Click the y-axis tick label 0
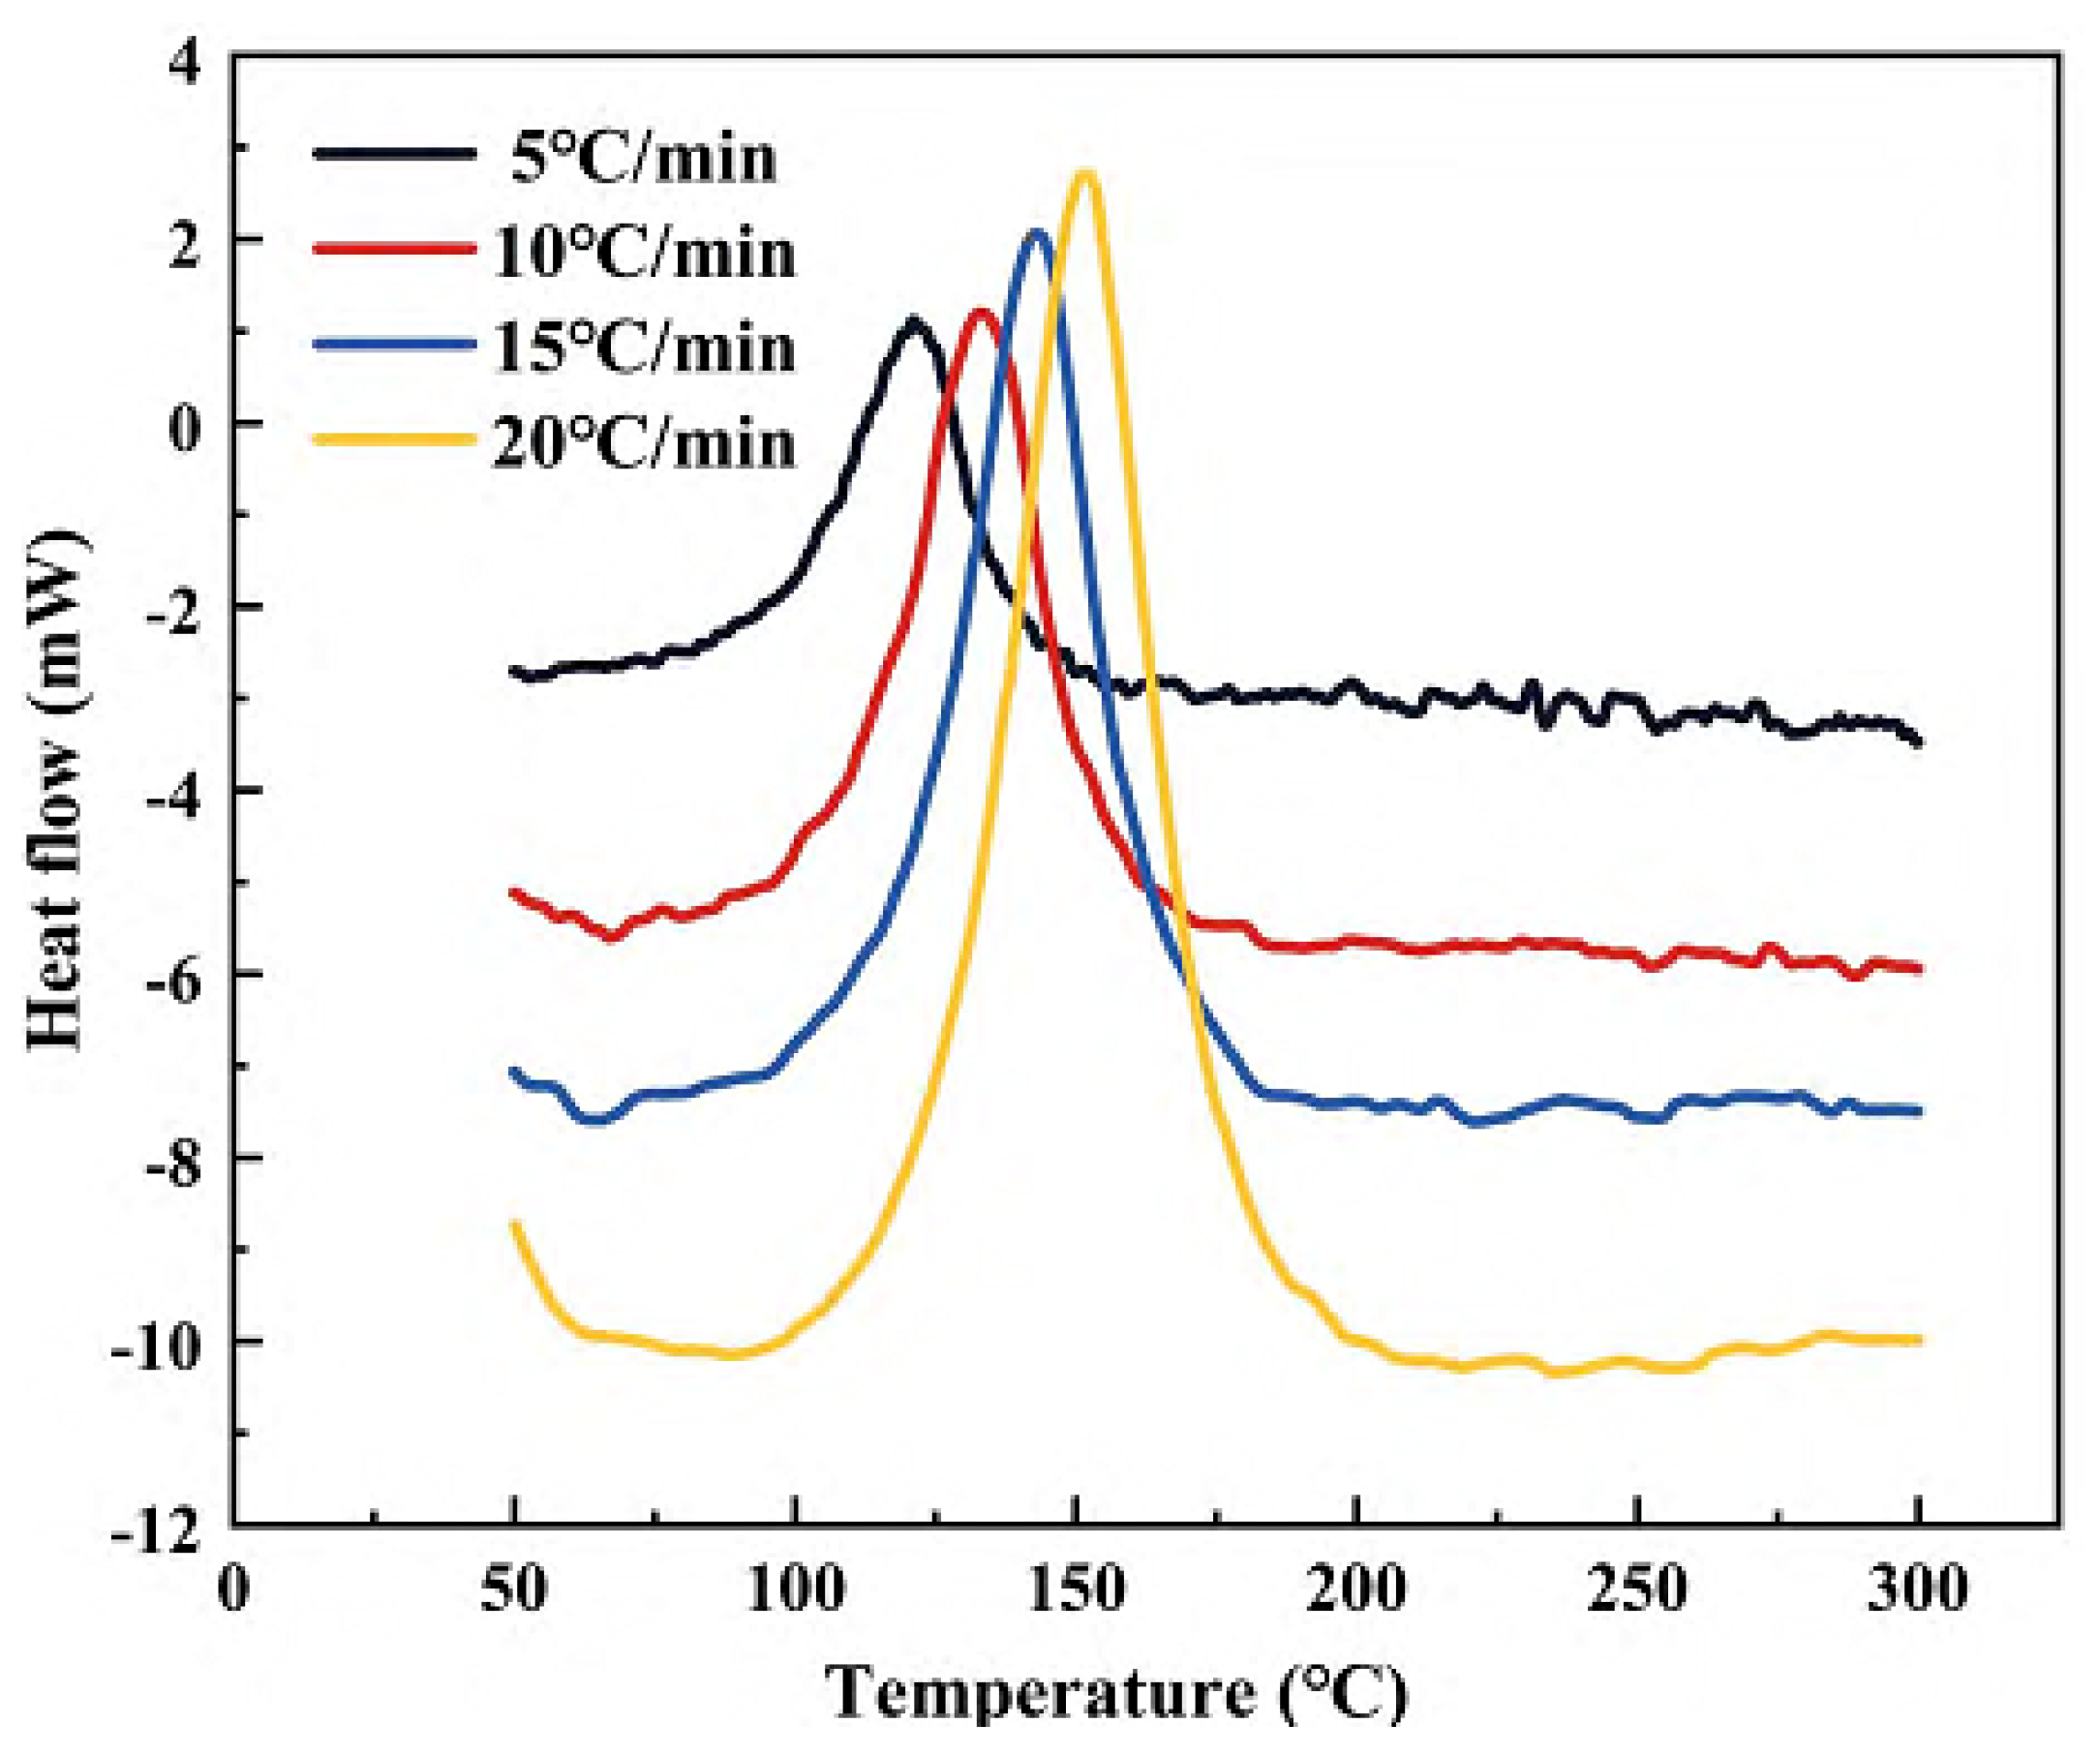185,424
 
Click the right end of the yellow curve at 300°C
1916,1341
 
